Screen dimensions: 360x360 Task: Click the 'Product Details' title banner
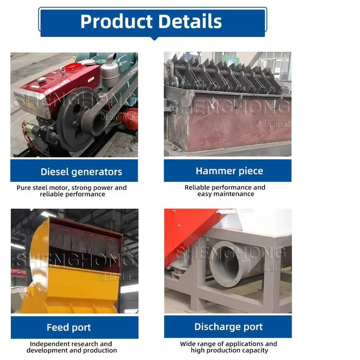[152, 22]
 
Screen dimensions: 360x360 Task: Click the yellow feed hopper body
[72, 288]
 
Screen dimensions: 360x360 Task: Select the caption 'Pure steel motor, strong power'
[72, 188]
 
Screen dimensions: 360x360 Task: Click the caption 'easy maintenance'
[225, 194]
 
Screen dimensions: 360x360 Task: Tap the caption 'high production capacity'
[229, 350]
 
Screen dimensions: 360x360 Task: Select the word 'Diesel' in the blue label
[54, 171]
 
